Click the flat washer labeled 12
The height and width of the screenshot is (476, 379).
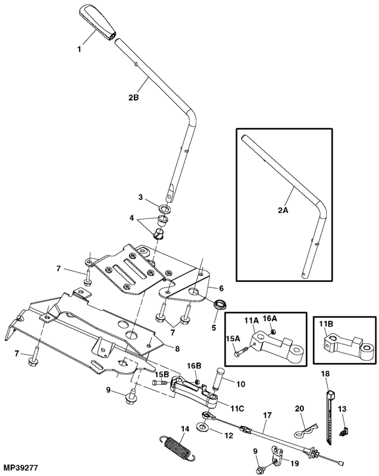coord(202,425)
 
